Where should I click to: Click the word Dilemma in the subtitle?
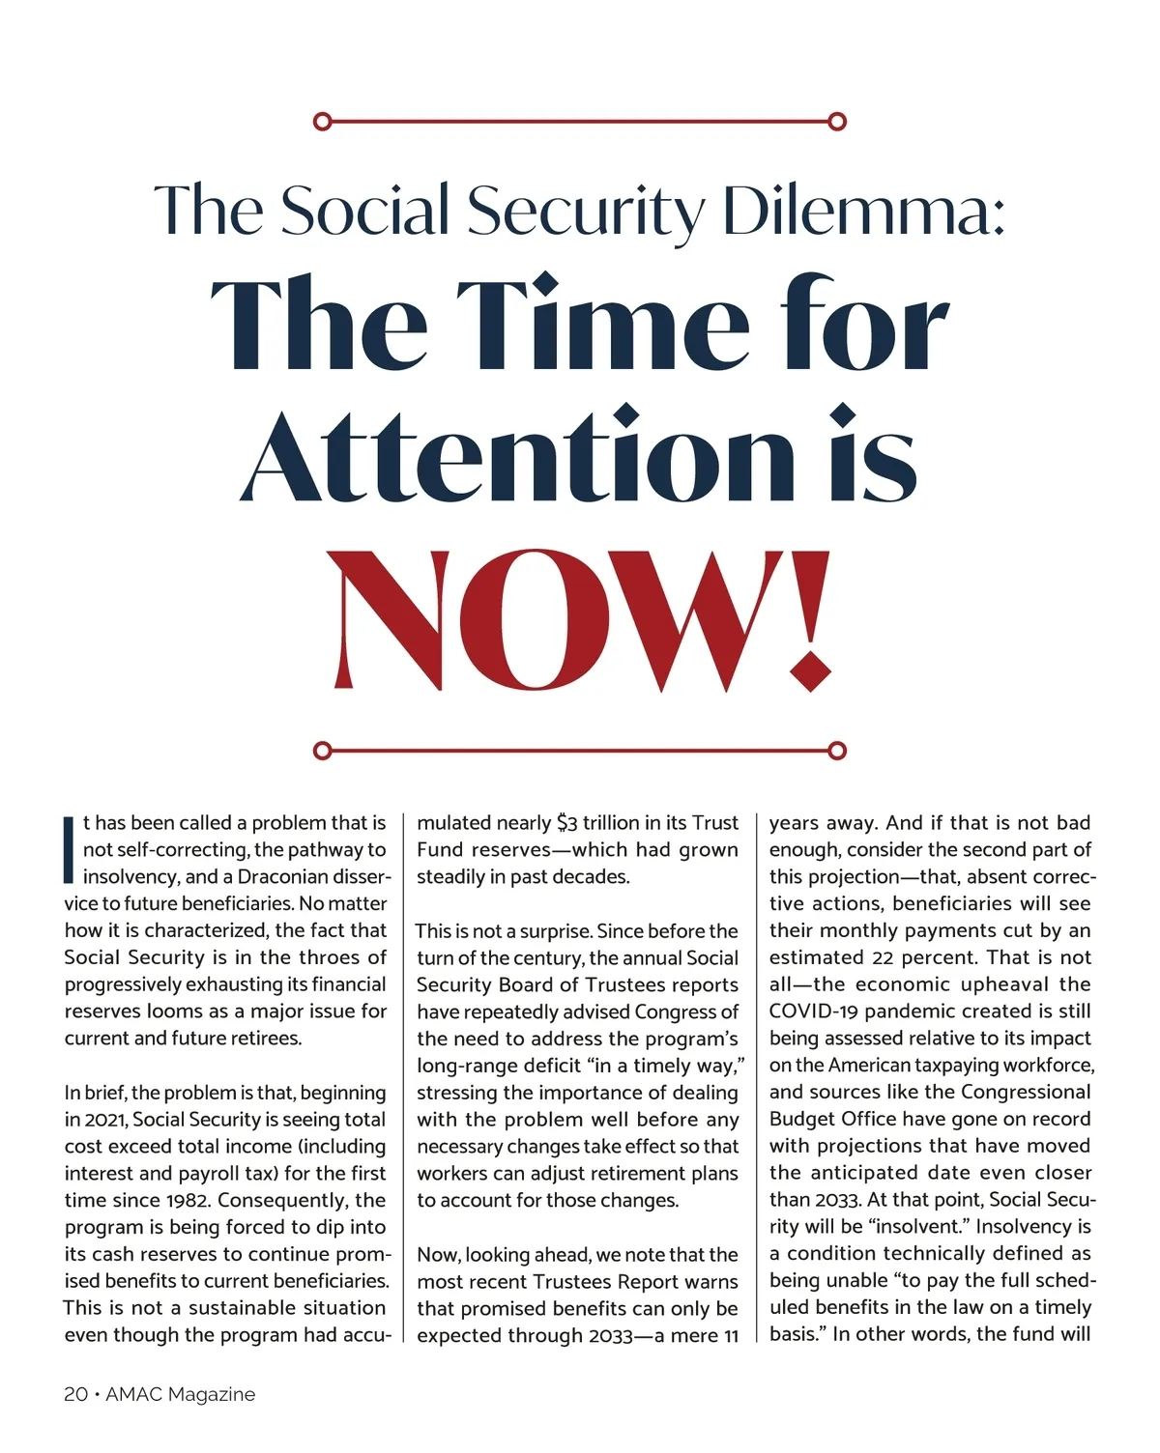pos(863,211)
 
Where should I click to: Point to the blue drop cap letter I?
pos(69,850)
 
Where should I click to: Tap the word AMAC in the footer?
pos(132,1394)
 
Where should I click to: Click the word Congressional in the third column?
pos(1026,1093)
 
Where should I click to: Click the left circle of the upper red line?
pos(323,122)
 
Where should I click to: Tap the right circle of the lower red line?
pos(838,751)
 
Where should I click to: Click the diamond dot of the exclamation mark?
pos(811,671)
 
